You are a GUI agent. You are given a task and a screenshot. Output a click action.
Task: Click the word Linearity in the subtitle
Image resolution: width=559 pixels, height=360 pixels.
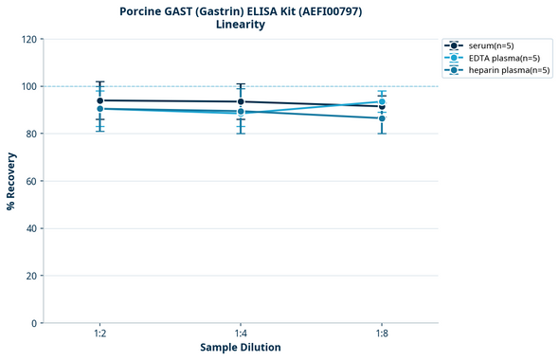241,25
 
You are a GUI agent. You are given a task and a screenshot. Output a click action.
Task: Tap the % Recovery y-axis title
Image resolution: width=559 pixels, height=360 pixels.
11,180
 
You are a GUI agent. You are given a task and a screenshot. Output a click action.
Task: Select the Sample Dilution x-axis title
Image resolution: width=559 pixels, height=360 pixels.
241,348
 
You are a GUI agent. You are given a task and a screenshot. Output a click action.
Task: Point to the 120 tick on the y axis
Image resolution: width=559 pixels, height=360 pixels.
28,39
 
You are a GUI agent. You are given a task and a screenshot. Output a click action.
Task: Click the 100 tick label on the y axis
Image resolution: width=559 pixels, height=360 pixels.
28,86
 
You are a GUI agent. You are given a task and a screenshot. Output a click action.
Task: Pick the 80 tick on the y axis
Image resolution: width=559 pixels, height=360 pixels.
31,134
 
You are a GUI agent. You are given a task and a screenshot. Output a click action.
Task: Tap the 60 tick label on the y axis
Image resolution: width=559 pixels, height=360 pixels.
31,181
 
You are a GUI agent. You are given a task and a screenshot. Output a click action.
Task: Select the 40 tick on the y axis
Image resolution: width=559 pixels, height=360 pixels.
31,228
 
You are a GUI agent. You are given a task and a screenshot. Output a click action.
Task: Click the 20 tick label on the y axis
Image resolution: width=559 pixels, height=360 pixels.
31,276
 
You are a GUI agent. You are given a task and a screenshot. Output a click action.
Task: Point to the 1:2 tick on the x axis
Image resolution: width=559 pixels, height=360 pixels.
99,333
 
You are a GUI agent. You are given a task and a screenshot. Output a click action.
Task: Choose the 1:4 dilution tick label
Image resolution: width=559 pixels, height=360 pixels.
241,333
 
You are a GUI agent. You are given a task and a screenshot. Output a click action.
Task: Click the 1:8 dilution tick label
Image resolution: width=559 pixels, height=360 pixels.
382,333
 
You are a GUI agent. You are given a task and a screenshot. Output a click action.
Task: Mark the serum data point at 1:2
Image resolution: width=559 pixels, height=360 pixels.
99,100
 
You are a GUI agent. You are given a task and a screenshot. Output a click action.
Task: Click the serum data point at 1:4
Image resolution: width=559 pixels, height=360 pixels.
241,101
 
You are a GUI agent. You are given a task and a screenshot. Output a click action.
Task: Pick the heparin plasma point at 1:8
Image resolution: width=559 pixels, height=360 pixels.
382,118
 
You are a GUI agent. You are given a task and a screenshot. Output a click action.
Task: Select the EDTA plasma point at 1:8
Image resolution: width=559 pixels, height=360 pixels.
382,101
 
